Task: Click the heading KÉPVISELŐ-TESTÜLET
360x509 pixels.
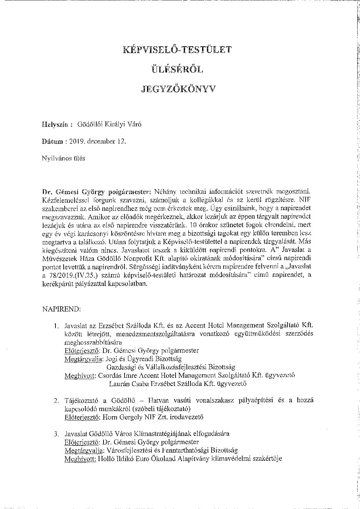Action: tap(177, 50)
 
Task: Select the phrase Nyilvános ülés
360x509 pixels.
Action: tap(63, 158)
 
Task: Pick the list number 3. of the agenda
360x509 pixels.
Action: tap(56, 434)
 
